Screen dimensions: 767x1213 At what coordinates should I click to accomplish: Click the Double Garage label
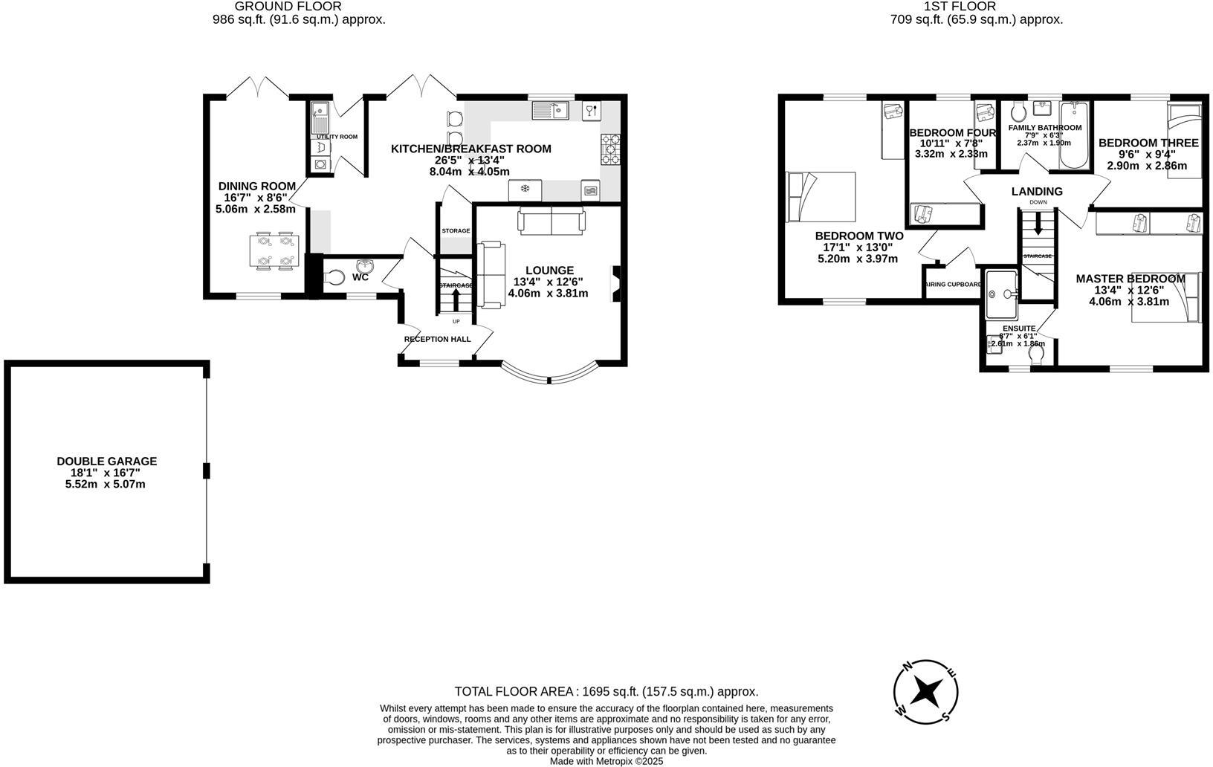106,461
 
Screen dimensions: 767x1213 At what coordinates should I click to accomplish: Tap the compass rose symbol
926,691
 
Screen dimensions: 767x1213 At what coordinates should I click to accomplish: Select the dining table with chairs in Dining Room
274,250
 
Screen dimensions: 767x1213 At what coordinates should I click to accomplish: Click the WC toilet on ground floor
334,277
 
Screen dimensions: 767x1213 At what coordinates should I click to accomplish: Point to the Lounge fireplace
615,285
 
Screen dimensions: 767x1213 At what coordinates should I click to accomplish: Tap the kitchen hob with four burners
610,149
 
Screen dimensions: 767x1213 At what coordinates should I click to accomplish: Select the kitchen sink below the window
550,111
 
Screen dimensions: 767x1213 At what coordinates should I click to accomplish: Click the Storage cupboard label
456,231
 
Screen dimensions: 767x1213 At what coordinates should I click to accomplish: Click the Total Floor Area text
606,691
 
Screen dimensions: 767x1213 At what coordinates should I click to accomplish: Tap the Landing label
1037,191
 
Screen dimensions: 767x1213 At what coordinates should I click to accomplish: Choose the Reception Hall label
437,339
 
